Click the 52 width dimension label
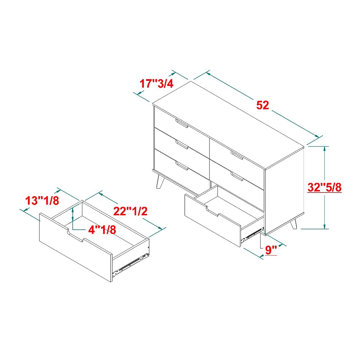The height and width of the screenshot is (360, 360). point(262,105)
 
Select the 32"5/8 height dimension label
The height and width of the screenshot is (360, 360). point(324,188)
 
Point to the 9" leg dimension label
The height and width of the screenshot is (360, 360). point(271,250)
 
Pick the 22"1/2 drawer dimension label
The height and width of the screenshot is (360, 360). point(131,211)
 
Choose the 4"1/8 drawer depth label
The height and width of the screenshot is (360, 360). point(102,229)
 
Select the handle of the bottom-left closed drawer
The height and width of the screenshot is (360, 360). point(182,166)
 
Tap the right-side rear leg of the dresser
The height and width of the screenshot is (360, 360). point(293,225)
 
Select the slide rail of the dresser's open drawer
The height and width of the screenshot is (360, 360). point(252,233)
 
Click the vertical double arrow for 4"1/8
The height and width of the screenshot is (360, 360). point(73,216)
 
